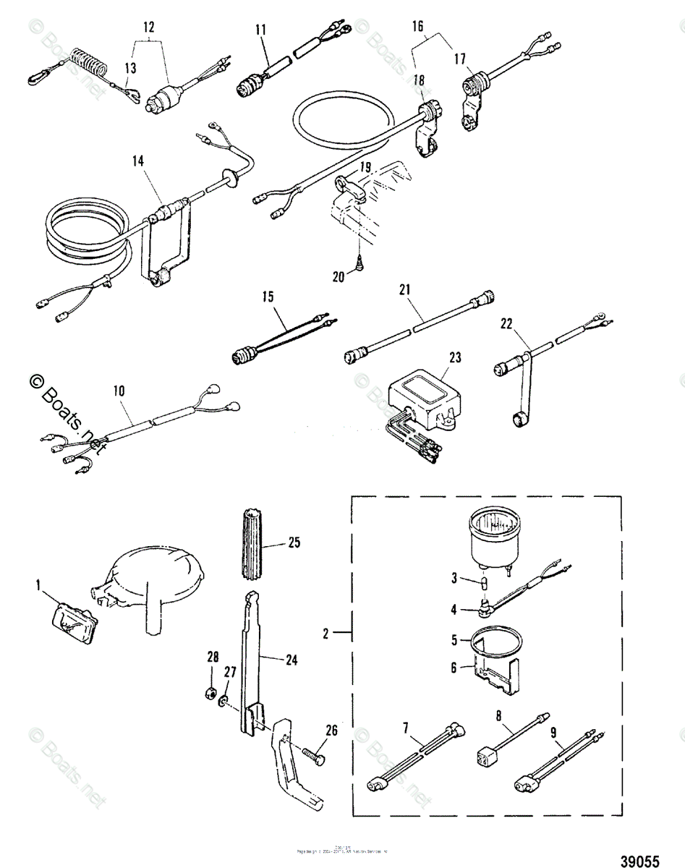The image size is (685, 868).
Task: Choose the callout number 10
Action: coord(119,391)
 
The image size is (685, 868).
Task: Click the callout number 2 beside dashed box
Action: coord(326,633)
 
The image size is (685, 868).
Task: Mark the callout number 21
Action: coord(404,290)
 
